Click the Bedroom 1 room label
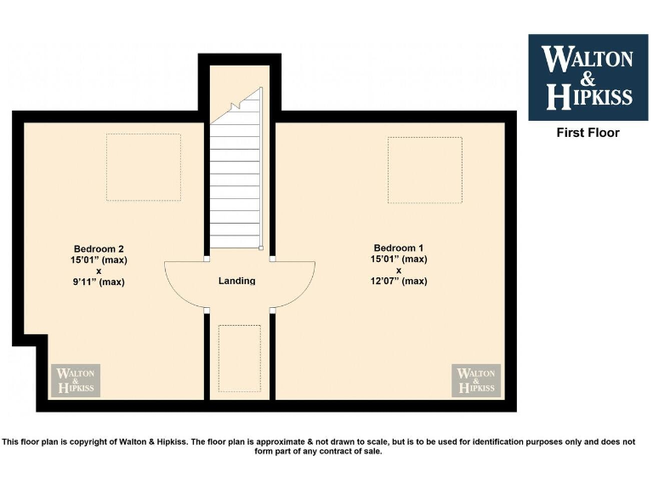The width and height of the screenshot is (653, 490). pos(399,248)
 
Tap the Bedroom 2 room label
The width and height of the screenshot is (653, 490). pos(99,248)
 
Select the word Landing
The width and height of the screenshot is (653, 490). pos(236,281)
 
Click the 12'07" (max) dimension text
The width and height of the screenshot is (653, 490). pos(399,281)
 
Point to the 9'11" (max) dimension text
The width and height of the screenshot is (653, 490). pos(99,282)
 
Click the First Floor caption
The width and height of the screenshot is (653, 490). pos(588,133)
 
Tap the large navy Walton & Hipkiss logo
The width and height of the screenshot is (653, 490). pos(588,77)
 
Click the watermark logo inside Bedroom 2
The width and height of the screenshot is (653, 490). pos(77,380)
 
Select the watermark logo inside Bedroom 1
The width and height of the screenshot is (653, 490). pos(477,380)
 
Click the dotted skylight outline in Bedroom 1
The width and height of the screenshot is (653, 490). pos(424,169)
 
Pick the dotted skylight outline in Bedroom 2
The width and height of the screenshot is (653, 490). pos(143,167)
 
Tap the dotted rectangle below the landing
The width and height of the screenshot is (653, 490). pos(239,357)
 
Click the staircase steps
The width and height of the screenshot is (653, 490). pos(236,187)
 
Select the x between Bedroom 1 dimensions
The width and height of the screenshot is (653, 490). pos(398,270)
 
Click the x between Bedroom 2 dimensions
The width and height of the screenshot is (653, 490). pos(99,271)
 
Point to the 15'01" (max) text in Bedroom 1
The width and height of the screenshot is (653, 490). pos(399,259)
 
